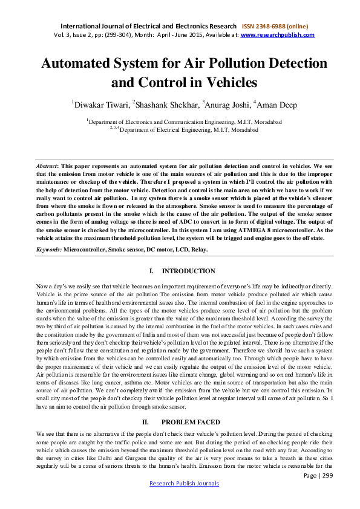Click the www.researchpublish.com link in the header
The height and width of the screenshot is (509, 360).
278,35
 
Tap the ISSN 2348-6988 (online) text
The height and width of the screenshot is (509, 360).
275,27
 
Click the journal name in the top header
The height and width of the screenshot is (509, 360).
148,27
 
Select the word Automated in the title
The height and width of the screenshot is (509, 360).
75,63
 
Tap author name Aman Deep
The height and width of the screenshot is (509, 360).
277,105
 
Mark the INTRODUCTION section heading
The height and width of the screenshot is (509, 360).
189,271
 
